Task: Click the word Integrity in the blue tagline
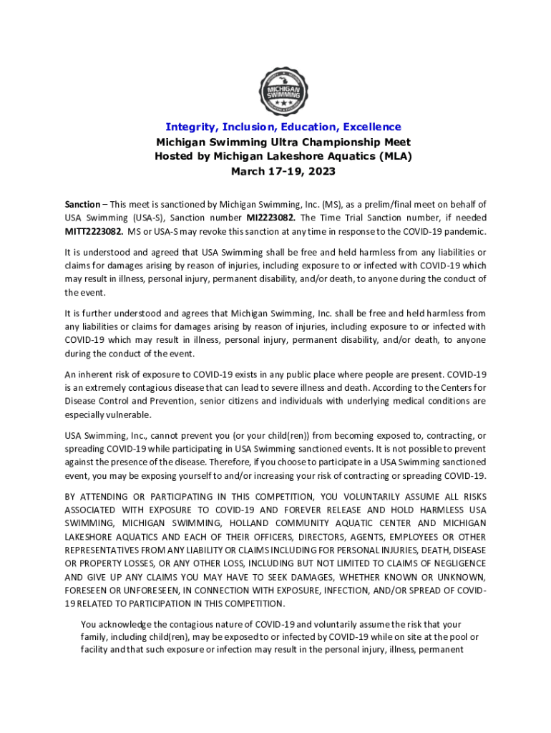[x=187, y=127]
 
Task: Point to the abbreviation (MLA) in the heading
[x=392, y=156]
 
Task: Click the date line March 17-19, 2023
[x=283, y=171]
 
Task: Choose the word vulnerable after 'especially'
[x=129, y=414]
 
